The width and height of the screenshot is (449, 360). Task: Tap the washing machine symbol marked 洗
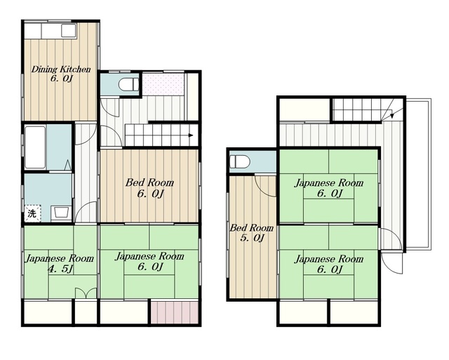coord(32,213)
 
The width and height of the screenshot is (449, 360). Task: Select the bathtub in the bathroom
coord(35,147)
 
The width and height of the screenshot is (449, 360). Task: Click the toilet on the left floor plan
coord(128,84)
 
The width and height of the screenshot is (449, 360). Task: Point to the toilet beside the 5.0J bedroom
coord(240,162)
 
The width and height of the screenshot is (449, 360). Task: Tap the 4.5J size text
coord(61,269)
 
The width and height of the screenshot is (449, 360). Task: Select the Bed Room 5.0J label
coord(252,232)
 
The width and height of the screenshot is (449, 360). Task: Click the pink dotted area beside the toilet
coord(163,84)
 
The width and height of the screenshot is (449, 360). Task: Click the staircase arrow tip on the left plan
coord(192,135)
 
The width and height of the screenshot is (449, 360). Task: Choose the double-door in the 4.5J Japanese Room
coord(86,293)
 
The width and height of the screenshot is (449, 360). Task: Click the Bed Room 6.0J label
coord(149,188)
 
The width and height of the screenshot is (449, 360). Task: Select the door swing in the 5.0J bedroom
coord(265,186)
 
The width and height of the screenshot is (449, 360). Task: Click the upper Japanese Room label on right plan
coord(329,188)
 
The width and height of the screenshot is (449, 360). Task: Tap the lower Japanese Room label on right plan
coord(329,264)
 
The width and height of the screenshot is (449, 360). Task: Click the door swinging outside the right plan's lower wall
coord(392,263)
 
